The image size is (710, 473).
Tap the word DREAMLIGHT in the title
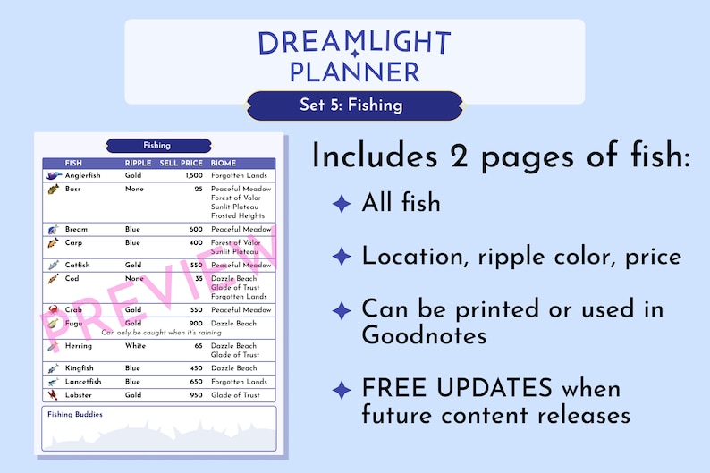355,42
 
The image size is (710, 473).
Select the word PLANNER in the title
355,71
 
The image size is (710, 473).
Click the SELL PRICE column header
181,164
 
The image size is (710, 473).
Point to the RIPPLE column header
138,164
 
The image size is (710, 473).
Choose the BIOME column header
224,164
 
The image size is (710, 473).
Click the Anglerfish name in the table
83,176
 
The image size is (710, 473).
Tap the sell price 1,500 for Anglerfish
193,176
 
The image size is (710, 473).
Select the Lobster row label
80,395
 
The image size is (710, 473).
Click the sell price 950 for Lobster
196,395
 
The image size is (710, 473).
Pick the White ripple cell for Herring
135,346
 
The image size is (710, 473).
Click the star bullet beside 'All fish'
341,205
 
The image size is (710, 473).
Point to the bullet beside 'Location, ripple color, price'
341,258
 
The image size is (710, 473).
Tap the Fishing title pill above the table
157,145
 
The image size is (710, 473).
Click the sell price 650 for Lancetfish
196,382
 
